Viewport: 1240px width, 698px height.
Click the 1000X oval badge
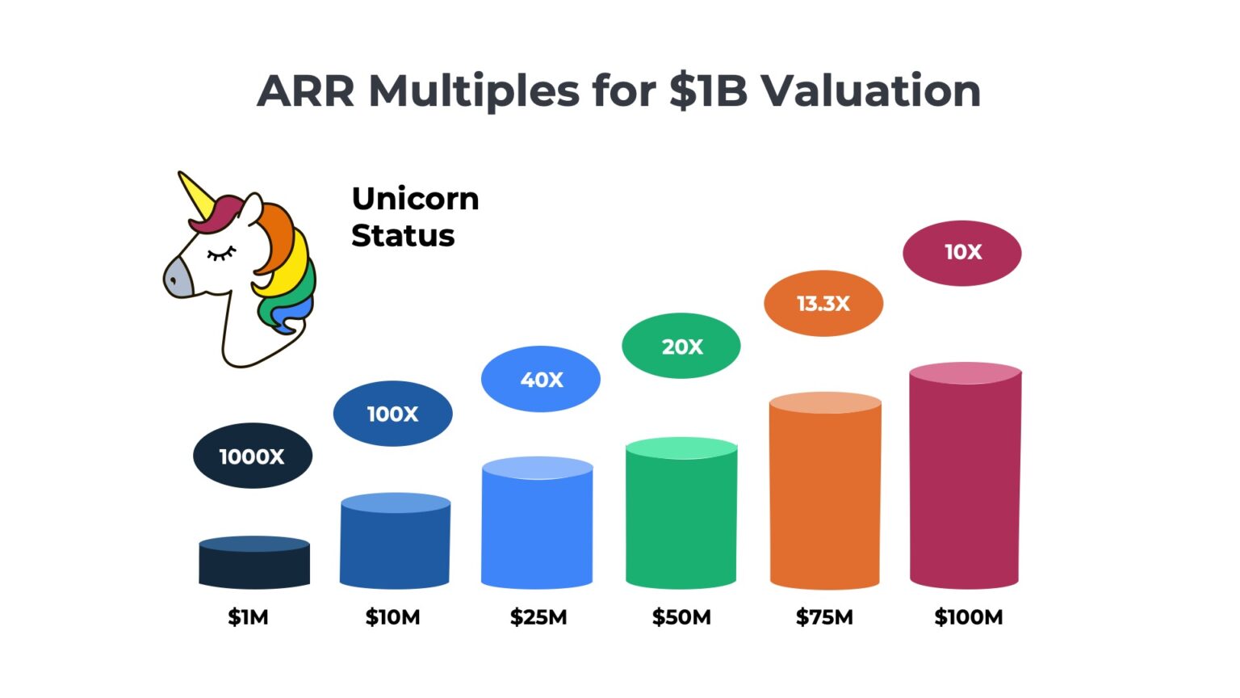253,456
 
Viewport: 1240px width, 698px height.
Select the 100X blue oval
392,414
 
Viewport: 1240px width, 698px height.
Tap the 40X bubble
541,379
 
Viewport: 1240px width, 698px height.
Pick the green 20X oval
681,346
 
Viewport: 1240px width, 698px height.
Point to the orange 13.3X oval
823,303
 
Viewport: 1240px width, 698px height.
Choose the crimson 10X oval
962,253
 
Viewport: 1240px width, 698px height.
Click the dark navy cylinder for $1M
254,563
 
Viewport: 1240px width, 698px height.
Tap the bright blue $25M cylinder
537,523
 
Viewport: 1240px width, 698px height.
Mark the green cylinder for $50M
681,514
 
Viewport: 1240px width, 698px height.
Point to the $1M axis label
248,617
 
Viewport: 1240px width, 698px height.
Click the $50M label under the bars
681,617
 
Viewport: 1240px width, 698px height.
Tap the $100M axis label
968,617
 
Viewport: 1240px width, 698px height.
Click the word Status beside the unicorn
403,236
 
